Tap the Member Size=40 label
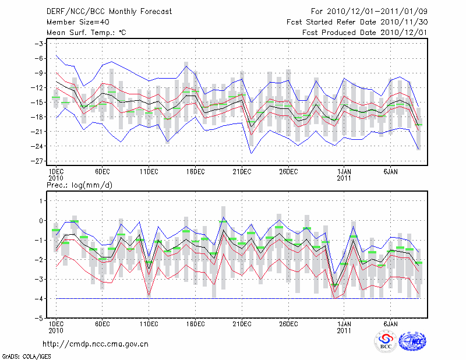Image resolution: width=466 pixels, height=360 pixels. pos(73,22)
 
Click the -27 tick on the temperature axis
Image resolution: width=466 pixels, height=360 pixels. pos(40,161)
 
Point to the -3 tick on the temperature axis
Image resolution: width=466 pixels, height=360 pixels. pos(40,44)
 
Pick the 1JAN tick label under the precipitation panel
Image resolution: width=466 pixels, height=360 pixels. pos(344,323)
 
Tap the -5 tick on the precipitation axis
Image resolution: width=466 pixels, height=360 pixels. pos(42,319)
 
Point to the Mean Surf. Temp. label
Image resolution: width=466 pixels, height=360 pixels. pos(86,33)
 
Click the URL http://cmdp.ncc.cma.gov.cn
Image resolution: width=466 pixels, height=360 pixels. pos(96,344)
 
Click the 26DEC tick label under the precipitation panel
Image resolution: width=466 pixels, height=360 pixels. pos(289,323)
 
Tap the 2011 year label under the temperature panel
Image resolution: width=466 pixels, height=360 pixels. pos(344,178)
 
